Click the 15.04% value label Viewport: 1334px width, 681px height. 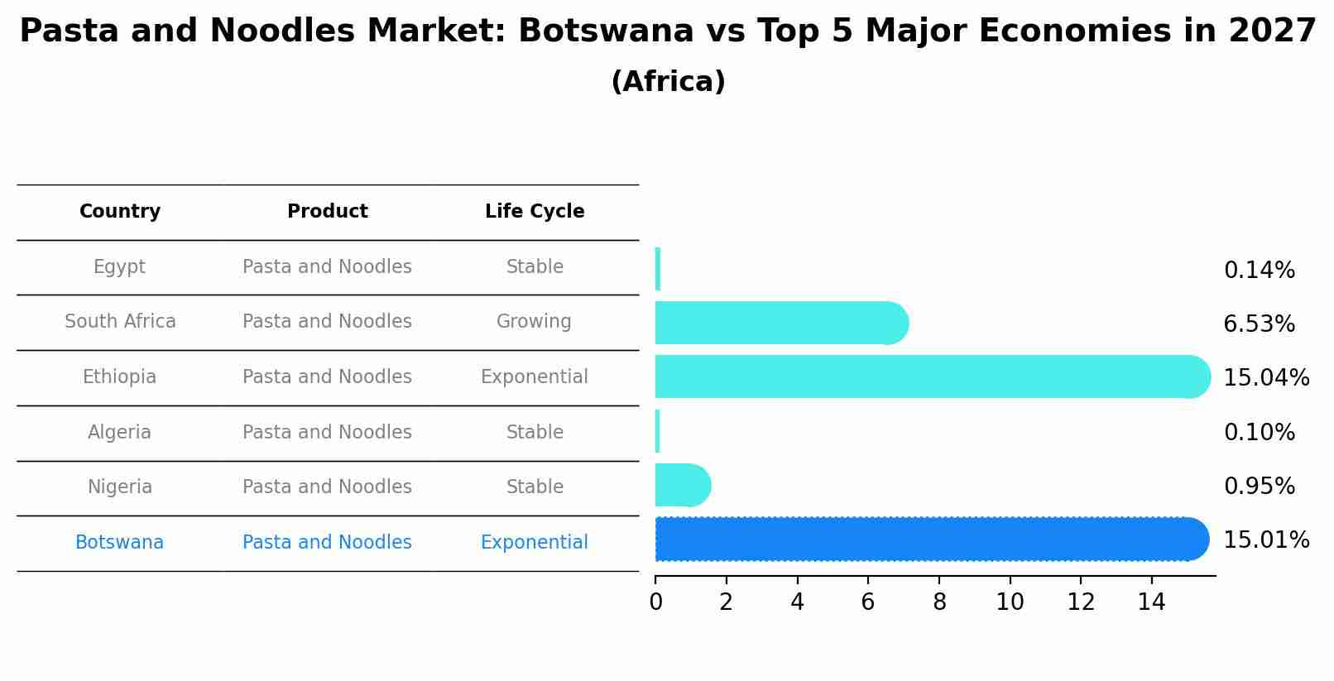1265,378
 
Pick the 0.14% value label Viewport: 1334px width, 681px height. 1259,271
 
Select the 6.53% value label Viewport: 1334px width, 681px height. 1259,324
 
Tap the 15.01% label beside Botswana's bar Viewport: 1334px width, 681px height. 1265,540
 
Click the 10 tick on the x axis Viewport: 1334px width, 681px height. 1010,602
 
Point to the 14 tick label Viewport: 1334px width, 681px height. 1151,602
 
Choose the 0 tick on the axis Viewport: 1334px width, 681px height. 655,602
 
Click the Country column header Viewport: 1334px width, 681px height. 120,212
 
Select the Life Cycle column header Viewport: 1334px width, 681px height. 535,212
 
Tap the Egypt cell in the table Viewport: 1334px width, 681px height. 119,267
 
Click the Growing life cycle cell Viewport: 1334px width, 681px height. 534,322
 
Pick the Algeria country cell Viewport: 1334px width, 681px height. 119,433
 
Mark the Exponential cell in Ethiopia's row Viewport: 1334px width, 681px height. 534,377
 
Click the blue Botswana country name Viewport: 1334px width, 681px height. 119,543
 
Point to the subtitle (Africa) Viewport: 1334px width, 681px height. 668,82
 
